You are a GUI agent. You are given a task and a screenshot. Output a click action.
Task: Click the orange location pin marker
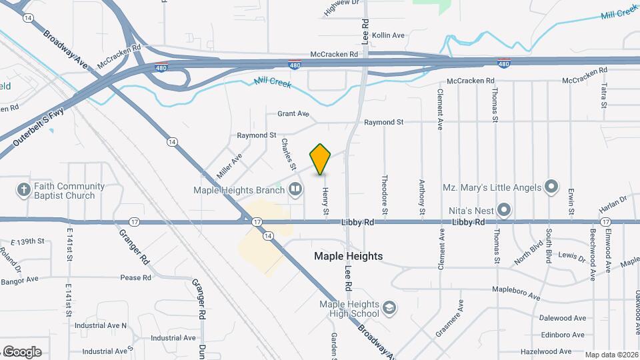click(321, 159)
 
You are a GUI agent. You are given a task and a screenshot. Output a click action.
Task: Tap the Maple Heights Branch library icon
click(295, 190)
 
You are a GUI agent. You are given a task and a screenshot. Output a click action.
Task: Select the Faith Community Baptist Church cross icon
click(24, 190)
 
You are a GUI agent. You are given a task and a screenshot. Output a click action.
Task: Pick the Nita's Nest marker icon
click(505, 211)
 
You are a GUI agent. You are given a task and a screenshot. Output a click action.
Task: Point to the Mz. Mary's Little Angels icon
click(551, 187)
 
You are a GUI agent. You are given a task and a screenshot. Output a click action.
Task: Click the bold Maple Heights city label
click(349, 256)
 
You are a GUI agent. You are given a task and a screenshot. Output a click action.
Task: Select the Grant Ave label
click(293, 114)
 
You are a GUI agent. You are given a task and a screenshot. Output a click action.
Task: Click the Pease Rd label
click(136, 277)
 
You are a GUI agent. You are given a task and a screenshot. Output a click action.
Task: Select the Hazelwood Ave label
click(546, 351)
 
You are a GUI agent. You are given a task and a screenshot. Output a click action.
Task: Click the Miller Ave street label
click(229, 165)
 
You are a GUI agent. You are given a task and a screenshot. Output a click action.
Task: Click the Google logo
click(22, 352)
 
